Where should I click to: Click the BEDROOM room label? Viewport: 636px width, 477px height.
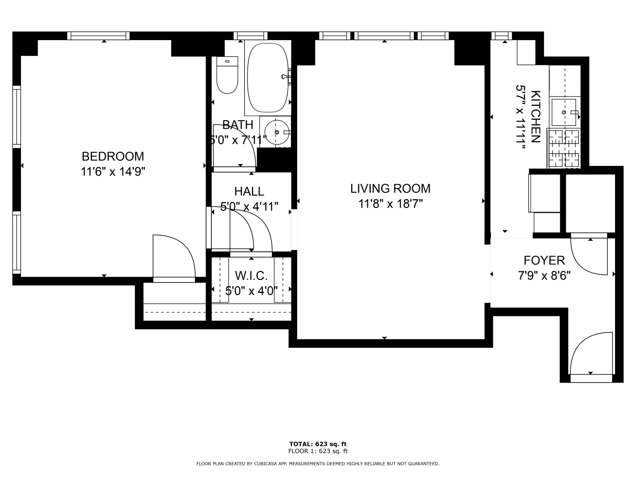pos(113,156)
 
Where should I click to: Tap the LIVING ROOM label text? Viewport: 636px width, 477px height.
pos(390,188)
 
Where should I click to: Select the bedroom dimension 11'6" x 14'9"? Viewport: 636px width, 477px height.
pos(113,172)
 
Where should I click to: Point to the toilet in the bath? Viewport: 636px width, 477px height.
pos(227,75)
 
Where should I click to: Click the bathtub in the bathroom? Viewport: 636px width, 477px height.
pos(268,78)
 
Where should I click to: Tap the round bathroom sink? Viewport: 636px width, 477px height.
pos(277,132)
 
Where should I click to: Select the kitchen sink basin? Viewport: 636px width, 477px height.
pos(563,113)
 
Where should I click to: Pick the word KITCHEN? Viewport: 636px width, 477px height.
pos(535,117)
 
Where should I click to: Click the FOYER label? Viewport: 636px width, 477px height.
pos(544,260)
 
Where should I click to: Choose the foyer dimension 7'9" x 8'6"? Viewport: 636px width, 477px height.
pos(544,276)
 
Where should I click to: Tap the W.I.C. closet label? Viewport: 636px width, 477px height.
pos(251,276)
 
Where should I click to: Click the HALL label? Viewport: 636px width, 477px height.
pos(249,191)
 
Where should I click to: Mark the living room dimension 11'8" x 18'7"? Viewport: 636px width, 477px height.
pos(390,204)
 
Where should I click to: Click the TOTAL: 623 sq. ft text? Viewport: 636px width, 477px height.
pos(318,444)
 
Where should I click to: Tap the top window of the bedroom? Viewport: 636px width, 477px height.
pos(98,36)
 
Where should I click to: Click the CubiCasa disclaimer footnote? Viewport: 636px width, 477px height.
pos(318,464)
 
